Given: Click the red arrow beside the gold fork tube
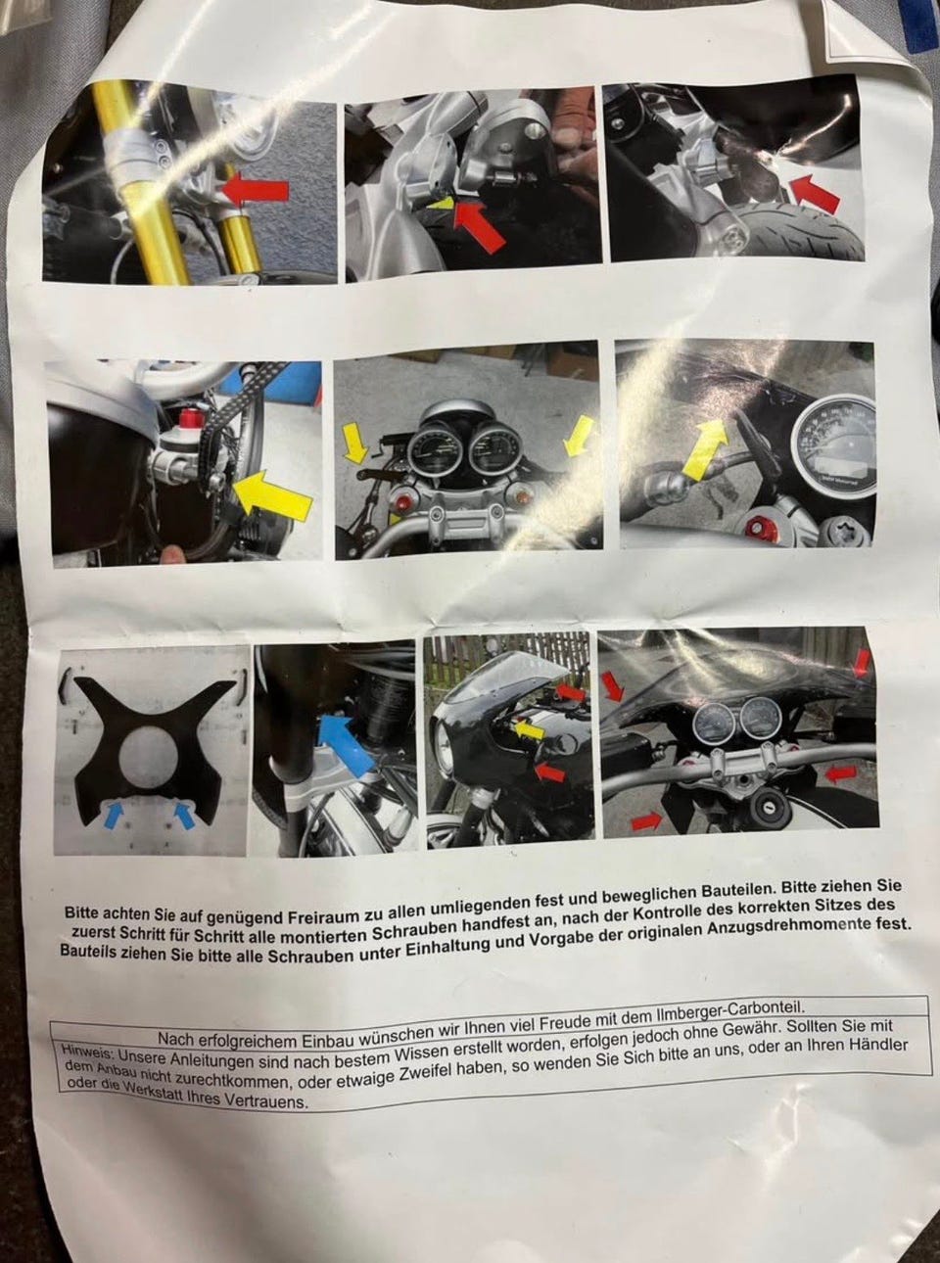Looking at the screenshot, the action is (x=256, y=191).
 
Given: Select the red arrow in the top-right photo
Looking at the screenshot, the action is (x=815, y=193).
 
